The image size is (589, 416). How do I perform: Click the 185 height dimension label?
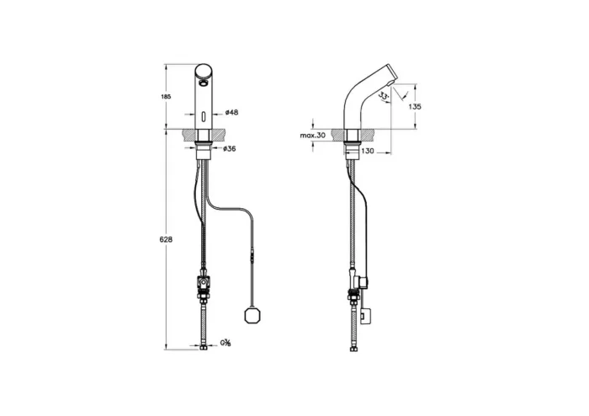(x=165, y=99)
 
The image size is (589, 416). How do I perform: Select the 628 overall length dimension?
(x=166, y=240)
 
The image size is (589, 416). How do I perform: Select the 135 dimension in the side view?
(x=413, y=107)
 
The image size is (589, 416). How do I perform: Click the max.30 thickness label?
(x=313, y=135)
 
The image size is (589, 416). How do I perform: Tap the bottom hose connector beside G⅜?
(x=204, y=344)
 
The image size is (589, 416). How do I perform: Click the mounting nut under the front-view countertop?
(x=204, y=150)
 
